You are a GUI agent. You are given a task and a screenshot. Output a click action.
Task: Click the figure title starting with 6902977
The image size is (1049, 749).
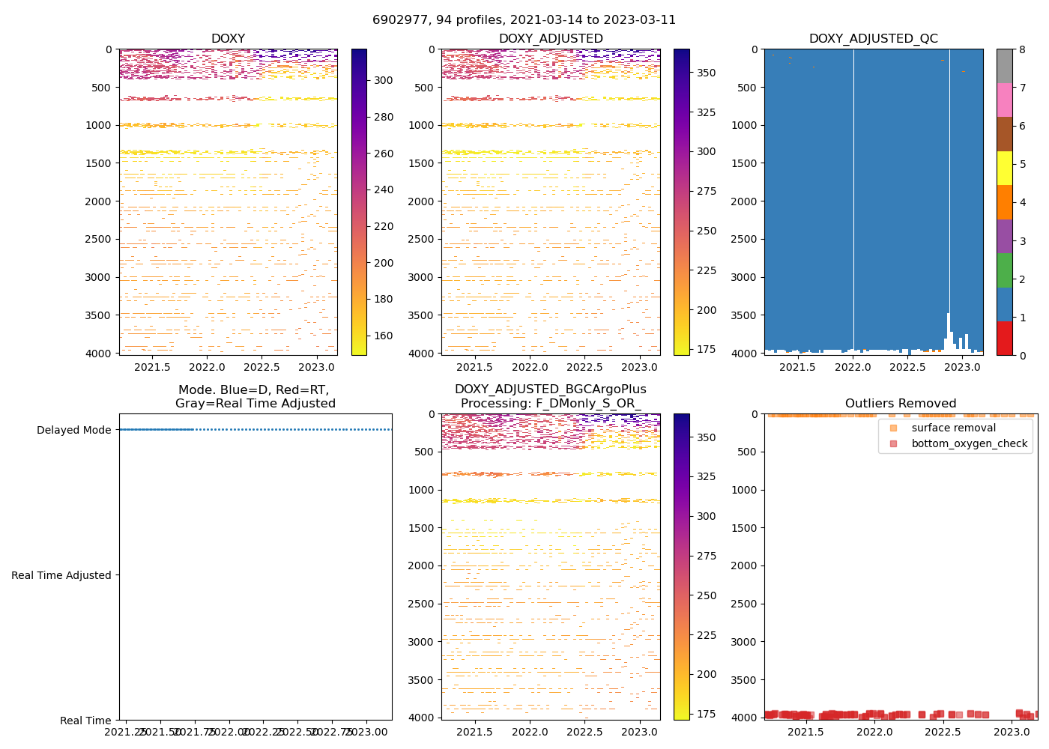point(524,20)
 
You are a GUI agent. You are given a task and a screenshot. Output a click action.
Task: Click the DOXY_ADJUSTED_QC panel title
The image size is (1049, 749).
point(873,38)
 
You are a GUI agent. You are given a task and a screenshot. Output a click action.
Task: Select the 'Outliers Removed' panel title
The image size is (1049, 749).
point(900,403)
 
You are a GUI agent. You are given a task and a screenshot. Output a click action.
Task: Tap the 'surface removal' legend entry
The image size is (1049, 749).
point(953,428)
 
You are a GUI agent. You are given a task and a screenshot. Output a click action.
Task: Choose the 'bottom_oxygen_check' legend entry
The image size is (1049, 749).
point(969,443)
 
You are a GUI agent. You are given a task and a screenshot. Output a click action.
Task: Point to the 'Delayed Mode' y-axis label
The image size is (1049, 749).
point(73,430)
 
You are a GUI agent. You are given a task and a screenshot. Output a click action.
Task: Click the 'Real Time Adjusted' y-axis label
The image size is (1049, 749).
point(61,575)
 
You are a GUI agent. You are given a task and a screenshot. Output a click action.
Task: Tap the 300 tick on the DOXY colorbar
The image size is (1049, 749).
point(384,80)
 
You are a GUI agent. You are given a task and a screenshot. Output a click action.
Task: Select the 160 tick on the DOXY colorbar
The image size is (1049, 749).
point(384,336)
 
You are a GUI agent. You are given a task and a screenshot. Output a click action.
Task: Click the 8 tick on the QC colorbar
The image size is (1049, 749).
point(1022,49)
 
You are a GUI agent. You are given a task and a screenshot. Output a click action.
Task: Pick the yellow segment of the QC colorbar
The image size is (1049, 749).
point(1004,168)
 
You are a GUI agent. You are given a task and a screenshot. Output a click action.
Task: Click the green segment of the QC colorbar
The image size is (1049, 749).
point(1004,270)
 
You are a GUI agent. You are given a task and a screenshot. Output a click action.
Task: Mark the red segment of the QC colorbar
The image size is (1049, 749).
point(1004,338)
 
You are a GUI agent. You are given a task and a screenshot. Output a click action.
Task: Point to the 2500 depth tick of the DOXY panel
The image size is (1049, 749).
point(98,239)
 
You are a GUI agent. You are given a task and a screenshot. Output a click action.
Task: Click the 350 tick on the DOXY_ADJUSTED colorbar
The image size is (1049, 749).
point(706,73)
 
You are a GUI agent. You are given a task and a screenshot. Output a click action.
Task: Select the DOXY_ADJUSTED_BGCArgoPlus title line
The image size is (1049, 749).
point(550,389)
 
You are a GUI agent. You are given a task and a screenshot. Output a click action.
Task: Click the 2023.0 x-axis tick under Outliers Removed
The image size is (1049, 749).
point(1012,732)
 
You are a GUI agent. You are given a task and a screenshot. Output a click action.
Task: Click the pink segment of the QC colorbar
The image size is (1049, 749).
point(1004,100)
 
